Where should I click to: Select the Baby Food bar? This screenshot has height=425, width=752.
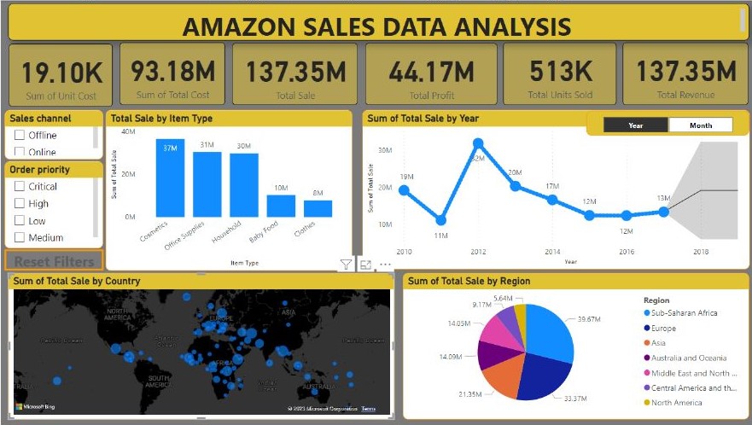click(x=281, y=206)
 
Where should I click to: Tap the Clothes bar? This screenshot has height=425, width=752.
click(x=318, y=208)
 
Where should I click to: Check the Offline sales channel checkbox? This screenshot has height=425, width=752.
click(x=20, y=135)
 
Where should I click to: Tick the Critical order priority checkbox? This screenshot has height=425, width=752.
click(x=20, y=186)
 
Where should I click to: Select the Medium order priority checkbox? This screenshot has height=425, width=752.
click(x=20, y=237)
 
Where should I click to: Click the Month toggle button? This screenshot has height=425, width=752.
click(x=701, y=125)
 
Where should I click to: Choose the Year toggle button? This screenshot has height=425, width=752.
click(x=636, y=125)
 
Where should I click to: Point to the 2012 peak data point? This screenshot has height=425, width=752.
click(x=478, y=143)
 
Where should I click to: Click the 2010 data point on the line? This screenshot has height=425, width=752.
click(x=404, y=190)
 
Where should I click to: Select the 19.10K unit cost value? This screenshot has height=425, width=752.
click(x=60, y=73)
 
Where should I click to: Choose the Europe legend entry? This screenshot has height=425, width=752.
click(x=662, y=329)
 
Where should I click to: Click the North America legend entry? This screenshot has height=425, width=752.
click(x=675, y=403)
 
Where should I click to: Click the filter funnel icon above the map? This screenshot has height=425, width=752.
click(x=346, y=265)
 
